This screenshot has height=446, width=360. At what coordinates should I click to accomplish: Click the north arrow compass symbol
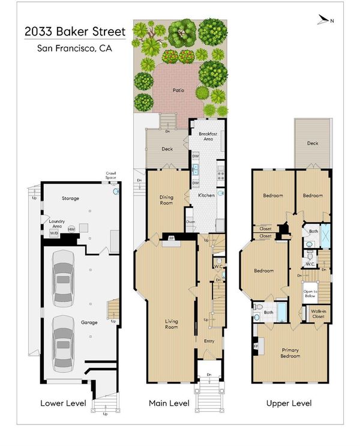click(x=324, y=20)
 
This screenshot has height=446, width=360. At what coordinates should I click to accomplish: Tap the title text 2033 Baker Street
click(x=75, y=32)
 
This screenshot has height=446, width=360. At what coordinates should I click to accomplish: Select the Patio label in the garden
click(x=178, y=90)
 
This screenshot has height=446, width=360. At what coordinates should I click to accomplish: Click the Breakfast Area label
click(x=208, y=136)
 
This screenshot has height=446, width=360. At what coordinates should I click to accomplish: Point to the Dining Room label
click(x=166, y=200)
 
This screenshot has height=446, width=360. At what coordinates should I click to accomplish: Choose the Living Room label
click(x=172, y=324)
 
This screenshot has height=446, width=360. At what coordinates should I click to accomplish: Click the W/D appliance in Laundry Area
click(x=54, y=234)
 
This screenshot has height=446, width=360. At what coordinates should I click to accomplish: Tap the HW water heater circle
click(x=71, y=229)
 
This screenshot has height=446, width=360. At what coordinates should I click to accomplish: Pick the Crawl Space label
click(x=110, y=175)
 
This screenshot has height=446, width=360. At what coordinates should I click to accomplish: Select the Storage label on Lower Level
click(x=70, y=198)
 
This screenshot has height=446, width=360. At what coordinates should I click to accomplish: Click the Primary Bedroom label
click(x=290, y=353)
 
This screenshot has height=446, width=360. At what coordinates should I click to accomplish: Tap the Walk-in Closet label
click(x=318, y=314)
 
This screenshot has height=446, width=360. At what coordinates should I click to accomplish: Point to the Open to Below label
click(x=310, y=294)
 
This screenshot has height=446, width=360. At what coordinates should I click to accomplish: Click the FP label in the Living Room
click(x=172, y=238)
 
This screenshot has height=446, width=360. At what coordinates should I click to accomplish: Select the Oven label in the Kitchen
click(x=191, y=222)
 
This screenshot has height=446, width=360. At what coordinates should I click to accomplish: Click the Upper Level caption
click(x=289, y=403)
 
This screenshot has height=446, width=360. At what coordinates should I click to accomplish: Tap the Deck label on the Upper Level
click(x=313, y=143)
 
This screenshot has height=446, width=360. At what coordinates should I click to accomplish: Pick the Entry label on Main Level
click(x=209, y=341)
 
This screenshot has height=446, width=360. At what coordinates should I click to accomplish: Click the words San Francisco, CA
click(x=74, y=49)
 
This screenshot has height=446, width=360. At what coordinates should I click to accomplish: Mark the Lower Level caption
click(x=63, y=403)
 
